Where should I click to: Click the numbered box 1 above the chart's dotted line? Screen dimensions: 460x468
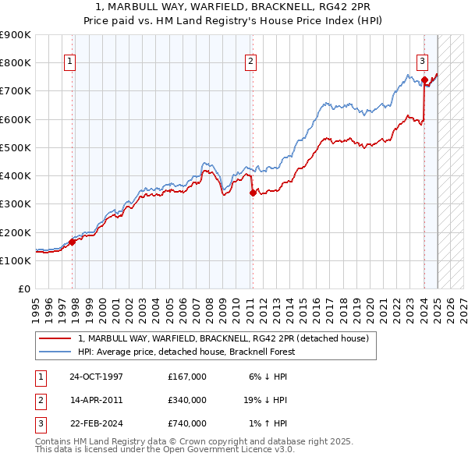(69, 62)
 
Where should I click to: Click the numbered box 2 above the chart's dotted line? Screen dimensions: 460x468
(251, 62)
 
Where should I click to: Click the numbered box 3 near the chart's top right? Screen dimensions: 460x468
(421, 62)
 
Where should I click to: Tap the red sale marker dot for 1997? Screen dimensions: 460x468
(73, 242)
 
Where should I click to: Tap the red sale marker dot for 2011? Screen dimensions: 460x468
(252, 193)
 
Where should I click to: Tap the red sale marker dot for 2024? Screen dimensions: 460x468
(424, 80)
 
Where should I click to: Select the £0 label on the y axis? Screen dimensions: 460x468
(23, 289)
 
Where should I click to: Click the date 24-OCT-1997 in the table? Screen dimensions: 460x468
(96, 377)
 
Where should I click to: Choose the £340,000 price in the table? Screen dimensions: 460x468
(186, 400)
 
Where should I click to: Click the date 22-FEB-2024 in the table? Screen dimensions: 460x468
(96, 423)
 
